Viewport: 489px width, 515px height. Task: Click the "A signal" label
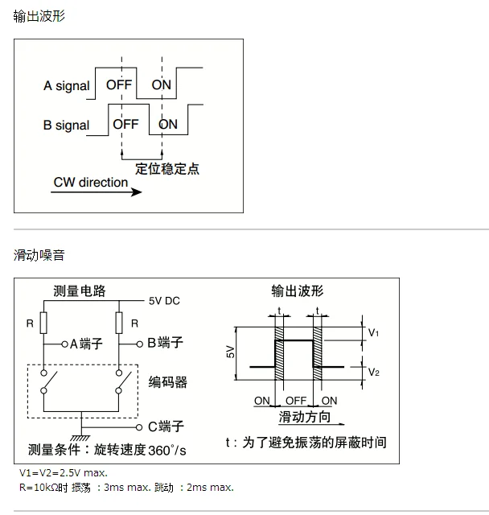[66, 86]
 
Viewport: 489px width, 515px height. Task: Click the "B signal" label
[66, 126]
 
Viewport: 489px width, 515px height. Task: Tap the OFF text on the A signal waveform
[119, 84]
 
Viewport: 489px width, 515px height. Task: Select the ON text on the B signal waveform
[168, 124]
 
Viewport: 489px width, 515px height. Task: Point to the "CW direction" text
[91, 183]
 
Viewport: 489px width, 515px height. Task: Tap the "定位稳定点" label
[167, 169]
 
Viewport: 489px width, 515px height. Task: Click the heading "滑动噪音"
[39, 255]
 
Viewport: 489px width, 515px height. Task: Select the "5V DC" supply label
[164, 301]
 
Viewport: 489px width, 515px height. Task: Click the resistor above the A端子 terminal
[43, 323]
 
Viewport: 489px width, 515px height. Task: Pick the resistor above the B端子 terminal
[119, 323]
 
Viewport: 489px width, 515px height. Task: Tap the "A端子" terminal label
[86, 344]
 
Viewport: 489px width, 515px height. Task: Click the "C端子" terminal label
[166, 426]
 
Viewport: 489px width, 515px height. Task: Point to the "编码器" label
[168, 382]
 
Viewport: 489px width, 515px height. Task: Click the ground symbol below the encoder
[80, 438]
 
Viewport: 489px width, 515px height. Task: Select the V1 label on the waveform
[373, 332]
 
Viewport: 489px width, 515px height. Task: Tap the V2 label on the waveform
[374, 372]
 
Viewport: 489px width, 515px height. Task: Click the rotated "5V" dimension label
[231, 352]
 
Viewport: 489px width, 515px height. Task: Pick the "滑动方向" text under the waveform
[305, 417]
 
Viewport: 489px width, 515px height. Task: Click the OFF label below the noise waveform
[296, 401]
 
